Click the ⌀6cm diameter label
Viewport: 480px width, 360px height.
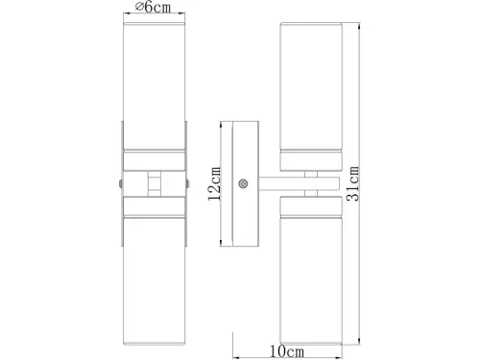pos(154,7)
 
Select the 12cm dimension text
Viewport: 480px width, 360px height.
pos(214,183)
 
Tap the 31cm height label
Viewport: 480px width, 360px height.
pos(353,183)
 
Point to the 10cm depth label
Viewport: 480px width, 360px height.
pos(287,351)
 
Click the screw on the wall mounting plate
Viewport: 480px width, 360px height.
pos(244,183)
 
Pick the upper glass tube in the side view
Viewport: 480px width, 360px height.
pos(311,86)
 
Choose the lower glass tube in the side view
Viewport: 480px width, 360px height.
pos(311,280)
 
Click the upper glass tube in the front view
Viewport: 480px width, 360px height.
pos(155,86)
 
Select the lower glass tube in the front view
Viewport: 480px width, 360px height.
pos(155,281)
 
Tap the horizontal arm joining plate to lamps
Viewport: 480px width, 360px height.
pos(299,183)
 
